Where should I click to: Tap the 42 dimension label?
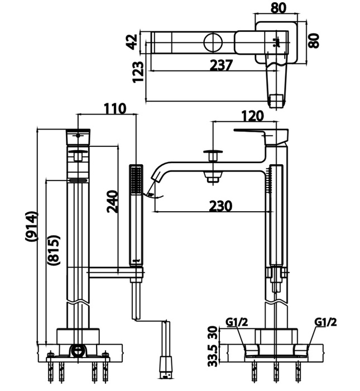pyautogui.click(x=132, y=42)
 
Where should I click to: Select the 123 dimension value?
pyautogui.click(x=139, y=71)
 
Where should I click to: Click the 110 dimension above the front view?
pyautogui.click(x=115, y=108)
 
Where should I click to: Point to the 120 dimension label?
pyautogui.click(x=252, y=117)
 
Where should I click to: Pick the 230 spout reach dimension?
pyautogui.click(x=220, y=206)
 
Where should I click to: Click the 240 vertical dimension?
pyautogui.click(x=112, y=202)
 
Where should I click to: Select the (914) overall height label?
pyautogui.click(x=31, y=226)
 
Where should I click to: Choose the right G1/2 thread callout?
pyautogui.click(x=325, y=322)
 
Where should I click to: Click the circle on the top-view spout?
pyautogui.click(x=214, y=42)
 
